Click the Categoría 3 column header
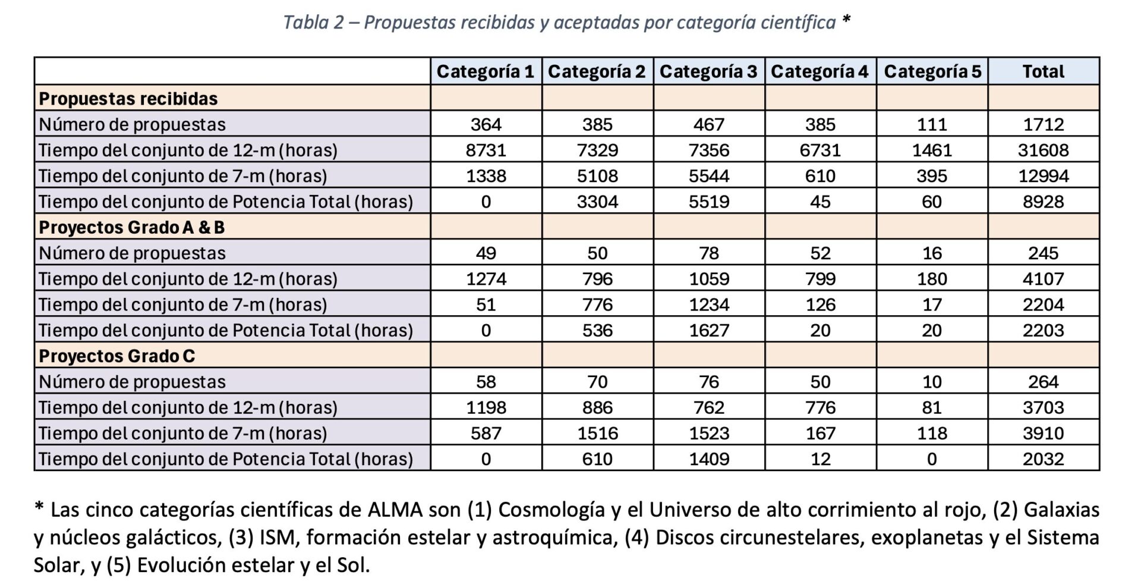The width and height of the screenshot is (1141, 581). coord(708,71)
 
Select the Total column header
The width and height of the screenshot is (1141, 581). coord(1044,71)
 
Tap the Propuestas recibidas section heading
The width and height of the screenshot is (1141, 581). coord(128,98)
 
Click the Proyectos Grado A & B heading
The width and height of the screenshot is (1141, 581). coord(132,227)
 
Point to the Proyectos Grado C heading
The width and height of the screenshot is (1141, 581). coord(117,356)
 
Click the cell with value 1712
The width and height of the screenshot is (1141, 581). coord(1044,124)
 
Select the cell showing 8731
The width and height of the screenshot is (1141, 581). coord(486,150)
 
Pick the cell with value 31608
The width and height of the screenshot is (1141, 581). coord(1044,150)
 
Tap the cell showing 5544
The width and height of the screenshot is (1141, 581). coord(709,175)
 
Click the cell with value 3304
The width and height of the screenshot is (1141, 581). coord(597,202)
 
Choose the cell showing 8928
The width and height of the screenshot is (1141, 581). coord(1044,202)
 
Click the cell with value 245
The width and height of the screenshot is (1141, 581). coord(1044,253)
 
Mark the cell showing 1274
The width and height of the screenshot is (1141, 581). coord(486,278)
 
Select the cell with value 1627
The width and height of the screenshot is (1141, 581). coord(709,330)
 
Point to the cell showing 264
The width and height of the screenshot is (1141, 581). coord(1044,381)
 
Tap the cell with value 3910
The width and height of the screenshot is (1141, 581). coord(1044,433)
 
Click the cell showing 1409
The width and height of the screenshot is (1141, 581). coord(709,458)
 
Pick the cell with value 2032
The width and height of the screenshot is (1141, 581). coord(1044,458)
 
